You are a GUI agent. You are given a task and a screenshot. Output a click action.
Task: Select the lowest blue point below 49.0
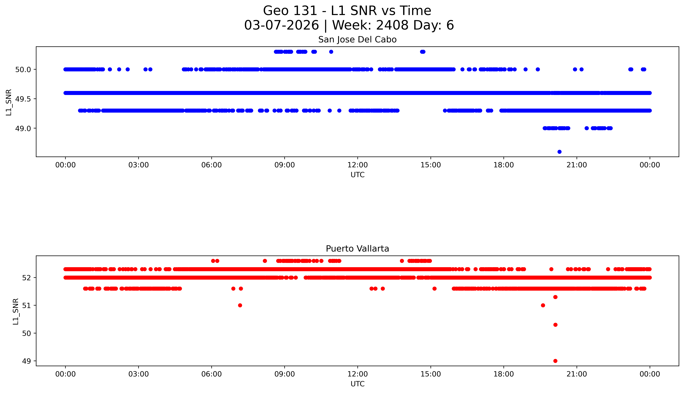click(559, 152)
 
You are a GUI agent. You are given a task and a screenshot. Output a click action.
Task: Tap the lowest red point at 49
click(555, 361)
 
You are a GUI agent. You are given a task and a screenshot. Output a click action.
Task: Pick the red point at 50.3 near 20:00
click(555, 325)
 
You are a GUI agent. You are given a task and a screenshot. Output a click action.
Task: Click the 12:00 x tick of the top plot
click(357, 165)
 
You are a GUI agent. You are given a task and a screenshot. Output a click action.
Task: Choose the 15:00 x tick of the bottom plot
click(431, 374)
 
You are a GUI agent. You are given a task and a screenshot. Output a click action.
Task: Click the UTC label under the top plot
click(357, 175)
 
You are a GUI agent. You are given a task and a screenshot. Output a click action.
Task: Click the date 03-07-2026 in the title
click(281, 25)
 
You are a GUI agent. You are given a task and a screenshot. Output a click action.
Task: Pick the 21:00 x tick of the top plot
click(577, 165)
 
